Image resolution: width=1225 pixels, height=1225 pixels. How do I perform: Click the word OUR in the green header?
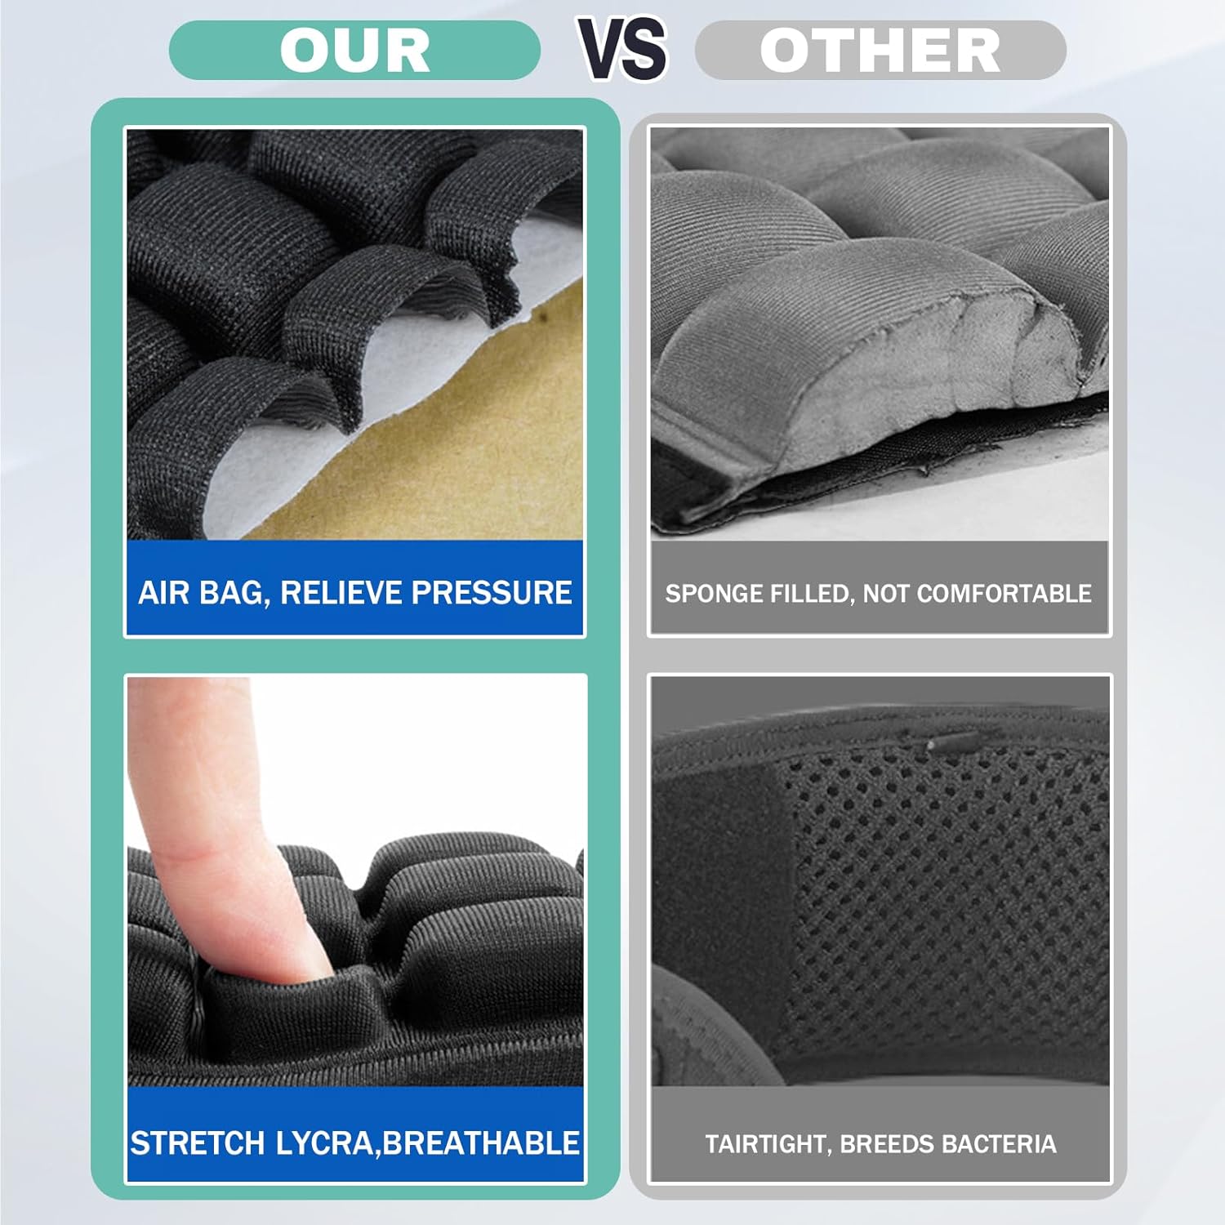coord(354,51)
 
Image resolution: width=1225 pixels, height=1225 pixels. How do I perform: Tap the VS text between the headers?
coord(622,48)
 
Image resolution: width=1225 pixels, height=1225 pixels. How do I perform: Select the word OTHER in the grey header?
coord(880,51)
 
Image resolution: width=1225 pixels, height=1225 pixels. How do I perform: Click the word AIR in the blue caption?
coord(163,593)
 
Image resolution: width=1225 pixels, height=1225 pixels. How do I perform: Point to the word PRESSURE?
coord(492,593)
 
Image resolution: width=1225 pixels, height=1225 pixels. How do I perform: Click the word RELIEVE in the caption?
coord(342,593)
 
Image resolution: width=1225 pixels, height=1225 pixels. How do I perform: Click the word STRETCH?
coord(198,1143)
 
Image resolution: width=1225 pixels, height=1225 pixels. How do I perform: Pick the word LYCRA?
coord(324,1143)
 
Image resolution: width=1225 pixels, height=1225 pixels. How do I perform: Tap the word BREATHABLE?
coord(481,1143)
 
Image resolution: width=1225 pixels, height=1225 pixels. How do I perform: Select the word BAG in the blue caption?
coord(234,593)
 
